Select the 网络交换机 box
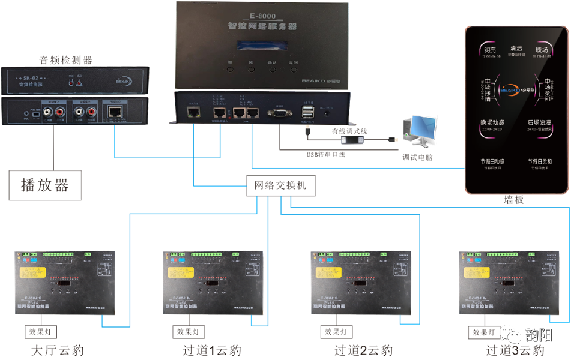coord(277,186)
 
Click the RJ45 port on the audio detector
coord(115,111)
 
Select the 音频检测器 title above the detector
coord(65,59)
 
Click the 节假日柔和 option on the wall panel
coord(540,163)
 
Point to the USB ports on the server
coord(308,113)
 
